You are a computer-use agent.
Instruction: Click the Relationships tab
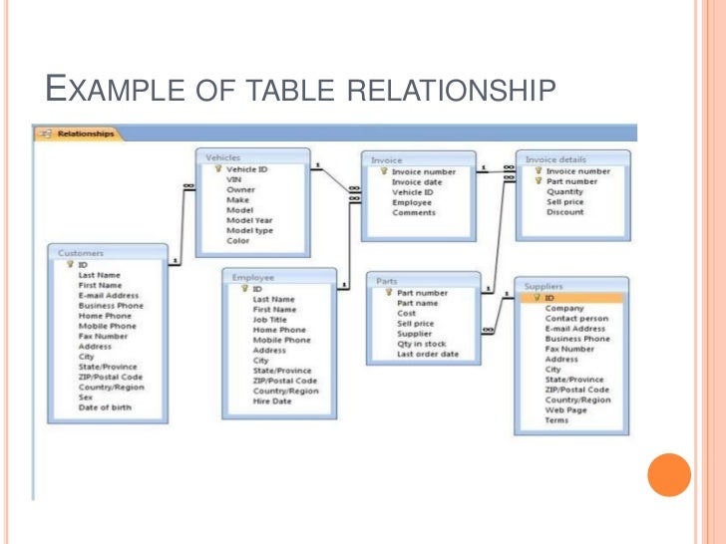pyautogui.click(x=84, y=134)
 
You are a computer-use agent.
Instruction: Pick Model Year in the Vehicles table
pyautogui.click(x=248, y=220)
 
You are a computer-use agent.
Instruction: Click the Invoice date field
pyautogui.click(x=417, y=182)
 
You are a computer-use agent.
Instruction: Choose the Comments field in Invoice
pyautogui.click(x=413, y=213)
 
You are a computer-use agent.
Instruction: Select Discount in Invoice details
pyautogui.click(x=565, y=212)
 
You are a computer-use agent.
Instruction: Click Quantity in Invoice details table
pyautogui.click(x=564, y=191)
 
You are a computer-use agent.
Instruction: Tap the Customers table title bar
pyautogui.click(x=101, y=253)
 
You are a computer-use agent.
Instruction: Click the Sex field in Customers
pyautogui.click(x=86, y=397)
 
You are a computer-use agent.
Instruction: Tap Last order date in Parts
pyautogui.click(x=428, y=354)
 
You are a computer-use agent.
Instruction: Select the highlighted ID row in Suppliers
pyautogui.click(x=571, y=298)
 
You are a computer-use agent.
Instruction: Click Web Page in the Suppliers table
pyautogui.click(x=565, y=409)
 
